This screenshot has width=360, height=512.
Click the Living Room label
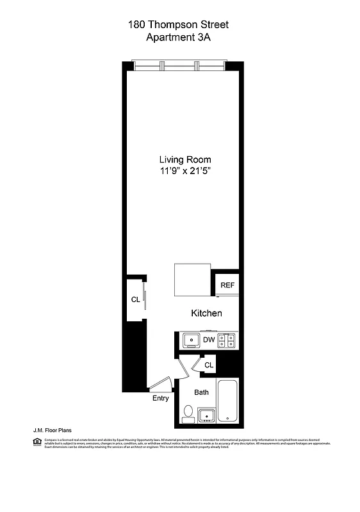pos(185,159)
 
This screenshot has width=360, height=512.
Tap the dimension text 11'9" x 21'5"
pos(185,172)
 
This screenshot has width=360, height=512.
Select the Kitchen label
pos(206,313)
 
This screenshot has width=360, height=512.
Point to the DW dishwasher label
pos(209,340)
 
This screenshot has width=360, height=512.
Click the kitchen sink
pos(190,340)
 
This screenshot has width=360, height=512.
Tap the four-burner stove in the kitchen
pos(227,340)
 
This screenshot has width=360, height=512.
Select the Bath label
pos(201,392)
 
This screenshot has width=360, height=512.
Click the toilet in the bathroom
pos(188,413)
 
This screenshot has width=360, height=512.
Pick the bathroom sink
pos(206,415)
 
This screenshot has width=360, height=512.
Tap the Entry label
pos(160,399)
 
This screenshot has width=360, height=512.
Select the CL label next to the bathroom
pos(209,365)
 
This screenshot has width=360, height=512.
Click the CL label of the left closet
pos(135,299)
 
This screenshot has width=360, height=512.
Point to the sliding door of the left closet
pos(145,300)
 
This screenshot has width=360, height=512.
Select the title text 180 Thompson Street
pos(179,25)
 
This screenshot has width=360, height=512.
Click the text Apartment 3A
pos(179,37)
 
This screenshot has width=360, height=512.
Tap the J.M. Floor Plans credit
pos(52,431)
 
